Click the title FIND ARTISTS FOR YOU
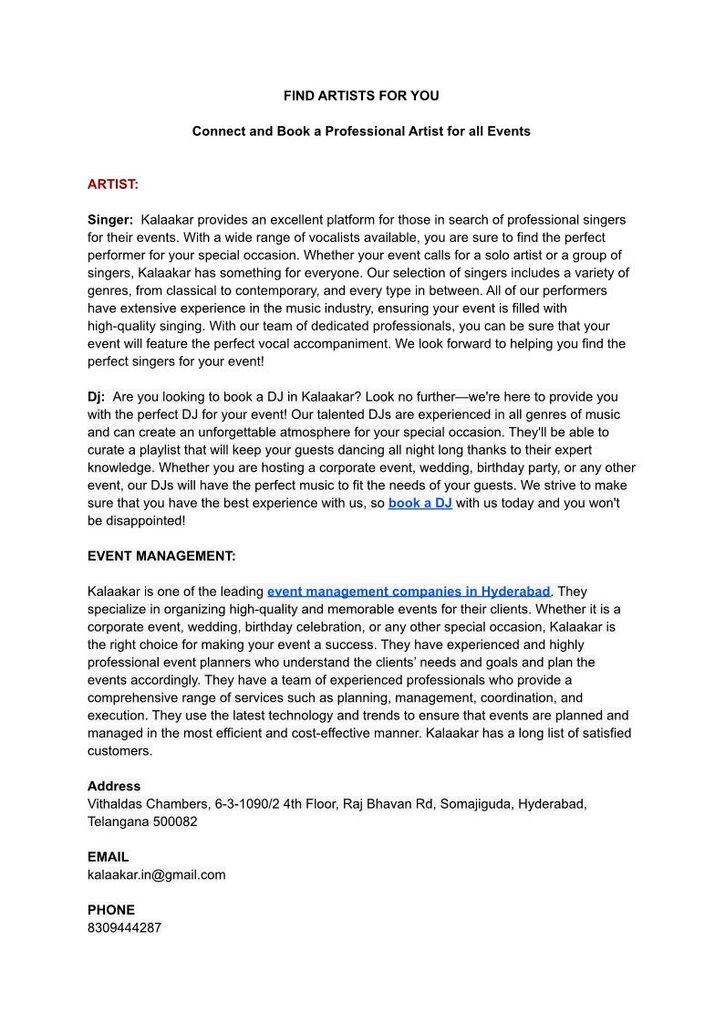(361, 96)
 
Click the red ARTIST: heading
(113, 184)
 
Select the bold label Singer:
(110, 220)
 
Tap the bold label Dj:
(96, 397)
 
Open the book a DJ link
(419, 503)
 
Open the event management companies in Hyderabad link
(409, 591)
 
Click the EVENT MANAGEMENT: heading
(161, 556)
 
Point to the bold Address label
(114, 786)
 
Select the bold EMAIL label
(108, 857)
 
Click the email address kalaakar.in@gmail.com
(156, 874)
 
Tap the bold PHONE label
(110, 910)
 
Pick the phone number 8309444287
(124, 927)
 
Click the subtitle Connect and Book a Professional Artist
(361, 131)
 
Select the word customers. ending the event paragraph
(119, 751)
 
